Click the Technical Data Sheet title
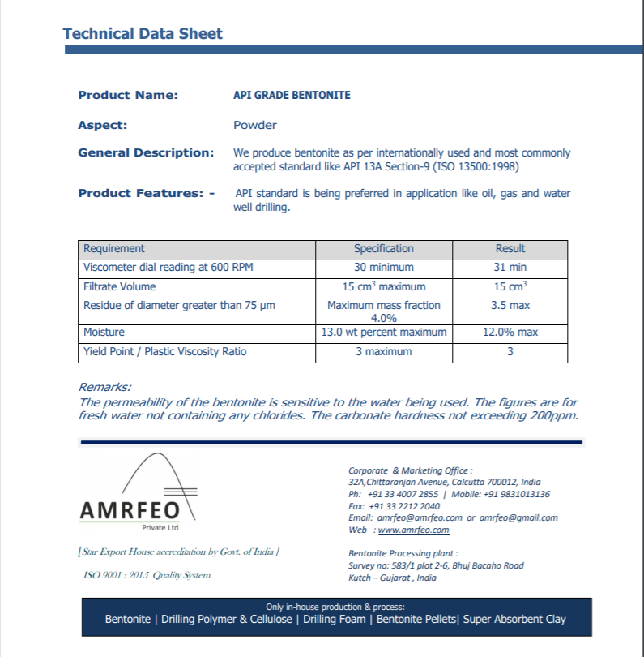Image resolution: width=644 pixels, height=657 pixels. click(x=143, y=34)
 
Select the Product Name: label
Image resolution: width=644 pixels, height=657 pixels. click(x=127, y=95)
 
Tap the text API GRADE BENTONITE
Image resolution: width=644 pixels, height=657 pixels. click(x=292, y=95)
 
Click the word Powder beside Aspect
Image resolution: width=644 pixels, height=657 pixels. click(x=254, y=125)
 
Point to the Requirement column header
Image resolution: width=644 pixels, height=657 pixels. click(x=114, y=249)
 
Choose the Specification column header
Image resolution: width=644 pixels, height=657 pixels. click(x=383, y=249)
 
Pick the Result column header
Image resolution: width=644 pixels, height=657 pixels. click(x=510, y=249)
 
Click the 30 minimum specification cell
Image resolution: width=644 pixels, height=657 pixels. click(x=383, y=268)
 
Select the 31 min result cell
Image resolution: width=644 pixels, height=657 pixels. click(x=510, y=268)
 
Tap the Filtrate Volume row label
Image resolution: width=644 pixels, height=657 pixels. click(x=120, y=286)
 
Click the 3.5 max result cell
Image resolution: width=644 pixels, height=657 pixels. click(x=510, y=306)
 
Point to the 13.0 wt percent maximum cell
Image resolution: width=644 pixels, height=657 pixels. click(x=383, y=333)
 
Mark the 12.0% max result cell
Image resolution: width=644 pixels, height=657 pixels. click(x=510, y=333)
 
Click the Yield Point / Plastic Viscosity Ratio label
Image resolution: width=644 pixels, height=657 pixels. click(x=164, y=352)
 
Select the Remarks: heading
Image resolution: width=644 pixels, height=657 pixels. click(x=104, y=388)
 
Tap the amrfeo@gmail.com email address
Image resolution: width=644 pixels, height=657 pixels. click(x=518, y=517)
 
